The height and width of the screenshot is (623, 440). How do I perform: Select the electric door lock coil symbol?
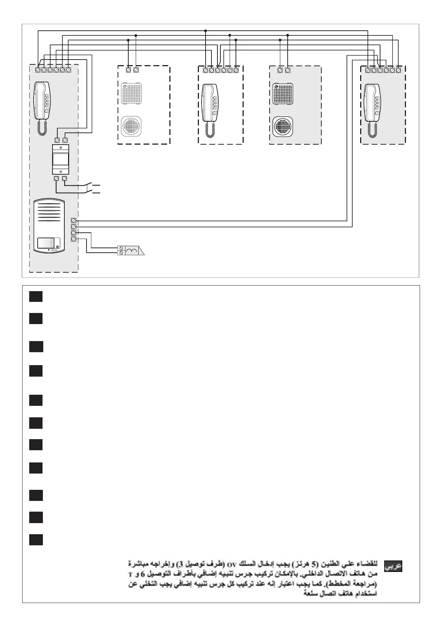[131, 250]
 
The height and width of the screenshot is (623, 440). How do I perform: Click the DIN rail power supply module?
[61, 159]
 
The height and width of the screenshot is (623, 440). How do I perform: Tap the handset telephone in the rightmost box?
[373, 102]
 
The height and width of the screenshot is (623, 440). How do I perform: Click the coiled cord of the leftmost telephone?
[42, 128]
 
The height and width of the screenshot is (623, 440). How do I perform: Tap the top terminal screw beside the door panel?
[74, 220]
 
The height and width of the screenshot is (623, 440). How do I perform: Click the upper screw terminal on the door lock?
[121, 248]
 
